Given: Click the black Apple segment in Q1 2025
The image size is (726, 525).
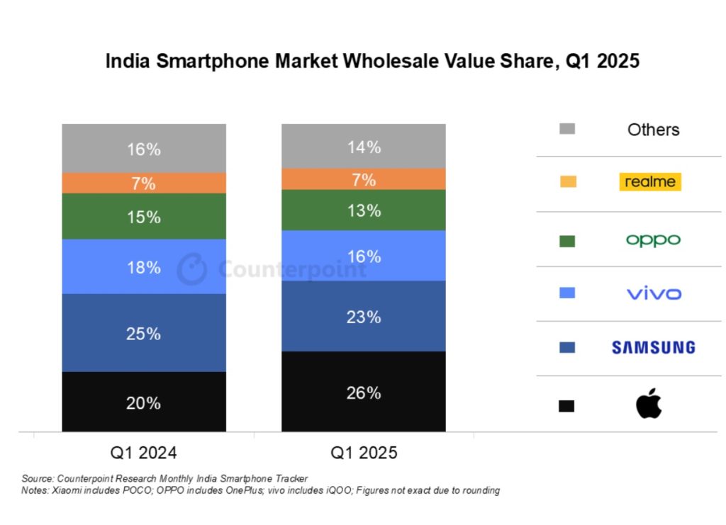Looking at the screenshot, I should click(x=363, y=391).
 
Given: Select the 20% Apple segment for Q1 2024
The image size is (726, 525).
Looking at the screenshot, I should click(x=144, y=402).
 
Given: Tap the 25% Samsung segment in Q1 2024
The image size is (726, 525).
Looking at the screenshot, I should click(x=144, y=333).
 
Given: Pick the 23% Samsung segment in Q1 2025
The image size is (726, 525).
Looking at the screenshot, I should click(x=363, y=316).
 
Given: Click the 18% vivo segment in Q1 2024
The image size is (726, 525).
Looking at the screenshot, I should click(x=144, y=266).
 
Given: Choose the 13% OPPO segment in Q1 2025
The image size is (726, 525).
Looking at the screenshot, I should click(x=363, y=210).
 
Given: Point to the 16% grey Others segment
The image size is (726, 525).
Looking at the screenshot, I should click(x=144, y=149).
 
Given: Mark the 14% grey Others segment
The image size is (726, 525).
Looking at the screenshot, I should click(x=363, y=147).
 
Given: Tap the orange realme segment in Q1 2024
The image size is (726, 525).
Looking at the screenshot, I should click(x=144, y=183).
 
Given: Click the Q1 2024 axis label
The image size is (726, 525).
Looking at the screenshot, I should click(x=144, y=453).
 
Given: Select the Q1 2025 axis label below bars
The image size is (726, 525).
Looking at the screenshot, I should click(x=363, y=453).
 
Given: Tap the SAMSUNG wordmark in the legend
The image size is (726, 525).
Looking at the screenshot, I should click(x=653, y=347).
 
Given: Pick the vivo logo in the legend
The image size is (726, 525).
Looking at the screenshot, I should click(x=653, y=293).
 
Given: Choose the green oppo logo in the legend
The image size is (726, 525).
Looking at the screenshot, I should click(x=653, y=240).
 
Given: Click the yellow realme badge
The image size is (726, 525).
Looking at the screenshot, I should click(x=649, y=182).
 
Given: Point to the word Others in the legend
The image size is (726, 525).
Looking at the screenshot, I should click(x=653, y=130).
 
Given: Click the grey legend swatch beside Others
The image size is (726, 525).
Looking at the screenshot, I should click(x=566, y=129).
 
